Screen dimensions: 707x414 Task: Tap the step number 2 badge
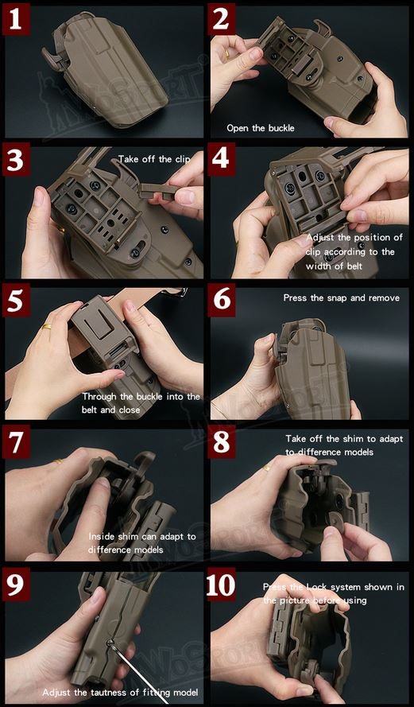[x=222, y=20]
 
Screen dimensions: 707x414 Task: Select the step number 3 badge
[x=17, y=161]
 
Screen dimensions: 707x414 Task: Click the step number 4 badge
[x=222, y=161]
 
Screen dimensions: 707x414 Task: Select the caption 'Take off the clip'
[x=154, y=159]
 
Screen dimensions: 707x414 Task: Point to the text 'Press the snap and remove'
[x=341, y=298]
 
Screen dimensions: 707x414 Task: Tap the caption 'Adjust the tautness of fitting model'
[x=119, y=693]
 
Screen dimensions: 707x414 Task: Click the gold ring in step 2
[x=227, y=56]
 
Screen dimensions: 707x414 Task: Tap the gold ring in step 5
[x=48, y=326]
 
